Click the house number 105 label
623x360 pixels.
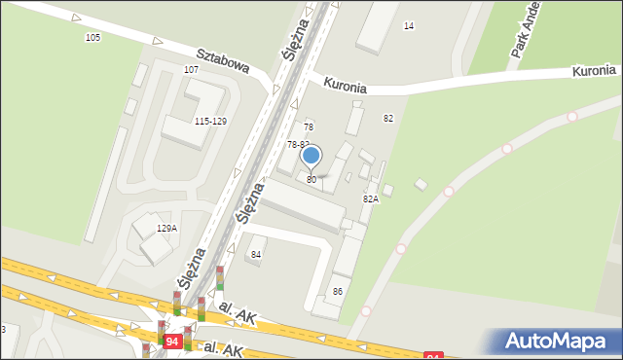tap(92, 38)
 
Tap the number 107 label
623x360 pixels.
tap(191, 70)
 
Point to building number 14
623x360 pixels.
tap(409, 25)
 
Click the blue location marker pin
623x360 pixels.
tap(311, 156)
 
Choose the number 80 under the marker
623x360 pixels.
tap(311, 180)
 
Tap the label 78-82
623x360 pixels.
tap(297, 144)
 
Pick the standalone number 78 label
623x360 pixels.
tap(309, 127)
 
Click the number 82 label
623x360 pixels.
tap(388, 119)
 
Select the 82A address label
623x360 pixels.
tap(371, 198)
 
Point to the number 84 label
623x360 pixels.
tap(256, 255)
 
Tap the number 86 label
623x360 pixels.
tap(338, 292)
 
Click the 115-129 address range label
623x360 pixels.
tap(210, 122)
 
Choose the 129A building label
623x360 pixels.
tap(166, 229)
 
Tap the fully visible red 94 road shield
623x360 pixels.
tap(172, 342)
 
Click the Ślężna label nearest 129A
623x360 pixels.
tap(192, 266)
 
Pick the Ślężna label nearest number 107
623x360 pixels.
tap(295, 40)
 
